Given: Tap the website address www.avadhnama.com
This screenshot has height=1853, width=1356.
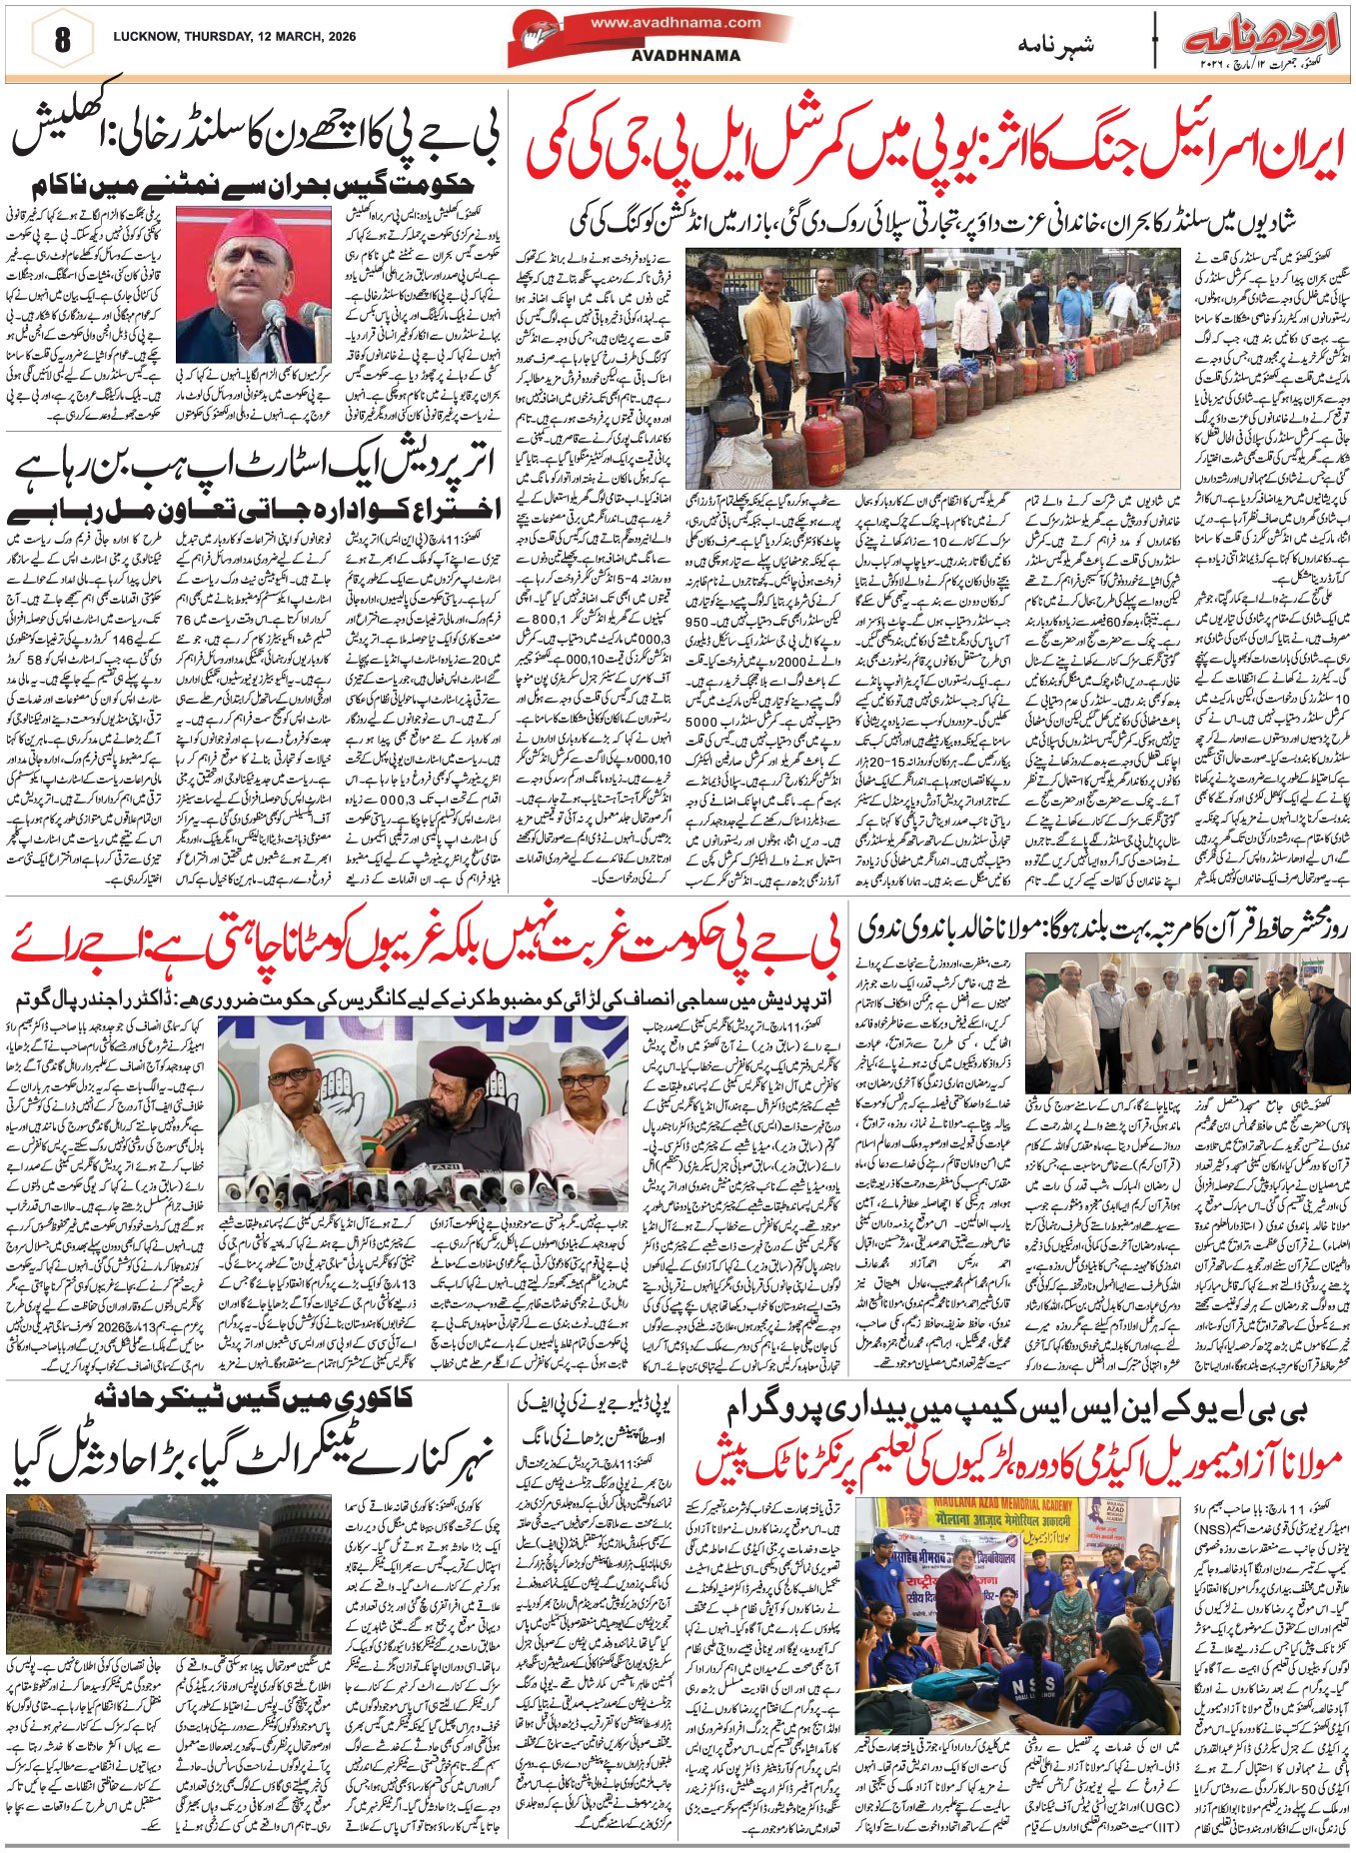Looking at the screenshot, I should click(x=676, y=22).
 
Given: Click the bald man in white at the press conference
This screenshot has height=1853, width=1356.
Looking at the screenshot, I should click(x=290, y=1109).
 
